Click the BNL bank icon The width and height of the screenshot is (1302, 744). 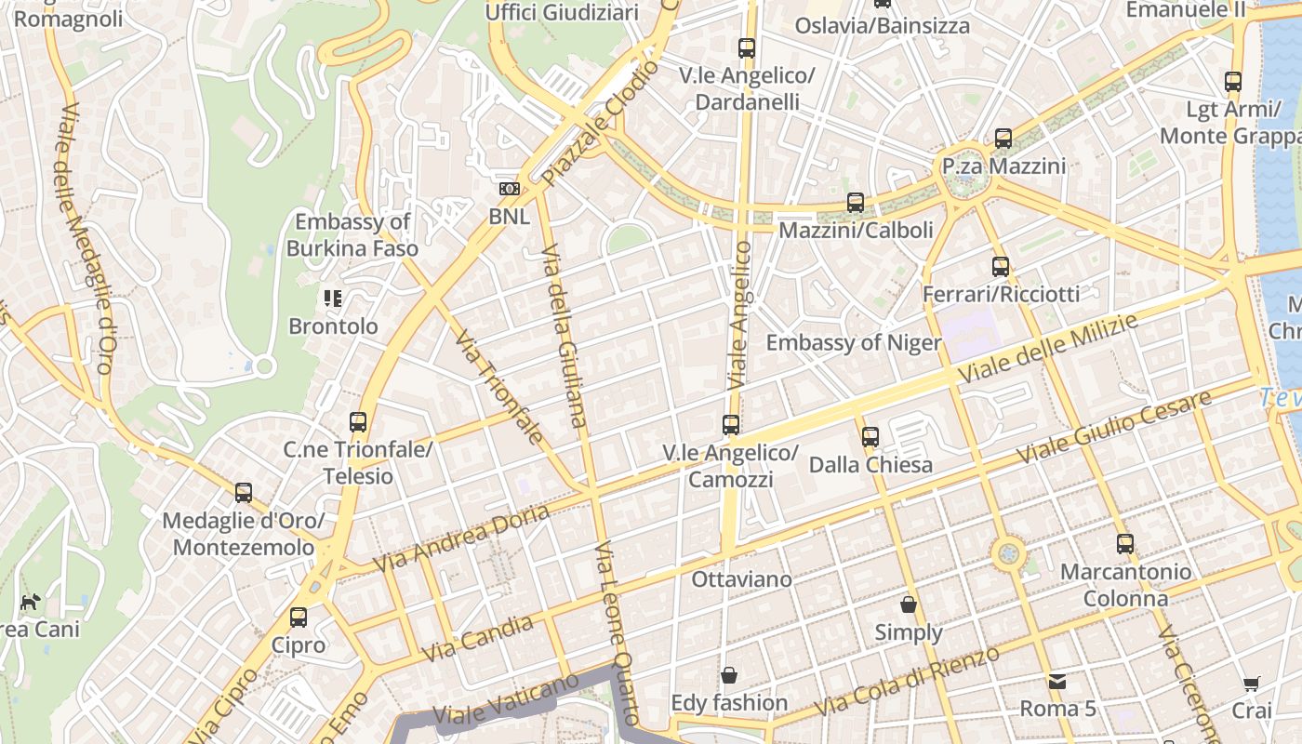(x=509, y=189)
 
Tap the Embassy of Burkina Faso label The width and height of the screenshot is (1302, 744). (x=352, y=235)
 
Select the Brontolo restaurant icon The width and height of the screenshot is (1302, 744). (x=333, y=299)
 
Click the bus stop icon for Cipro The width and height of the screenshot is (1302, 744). (x=299, y=617)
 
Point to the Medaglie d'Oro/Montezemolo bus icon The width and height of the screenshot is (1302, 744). (x=244, y=492)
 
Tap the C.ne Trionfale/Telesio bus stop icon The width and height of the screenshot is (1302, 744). (x=358, y=421)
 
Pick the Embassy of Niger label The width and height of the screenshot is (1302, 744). (x=853, y=342)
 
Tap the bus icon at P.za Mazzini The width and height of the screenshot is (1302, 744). (x=1003, y=139)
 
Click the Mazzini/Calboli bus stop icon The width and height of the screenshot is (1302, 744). (x=856, y=202)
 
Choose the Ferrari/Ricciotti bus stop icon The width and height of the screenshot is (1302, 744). (x=1001, y=267)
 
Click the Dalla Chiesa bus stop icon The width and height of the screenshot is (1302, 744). (x=870, y=436)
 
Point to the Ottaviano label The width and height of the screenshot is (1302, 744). (x=741, y=579)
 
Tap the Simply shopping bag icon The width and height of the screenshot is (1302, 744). (x=909, y=604)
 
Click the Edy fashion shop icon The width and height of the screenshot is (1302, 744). (x=729, y=674)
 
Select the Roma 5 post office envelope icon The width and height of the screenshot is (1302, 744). (x=1057, y=681)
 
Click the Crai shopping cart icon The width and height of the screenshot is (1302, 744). (x=1252, y=684)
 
